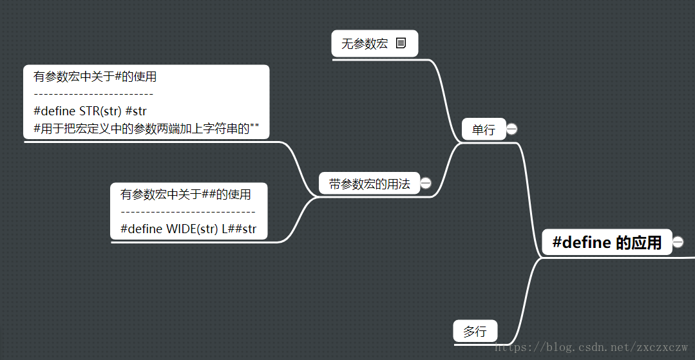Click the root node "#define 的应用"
607,242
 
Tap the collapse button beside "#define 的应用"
678,242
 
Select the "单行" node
483,129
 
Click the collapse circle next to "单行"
512,129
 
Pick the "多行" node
475,332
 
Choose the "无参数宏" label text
365,44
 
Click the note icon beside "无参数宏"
401,43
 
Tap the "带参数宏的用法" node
369,184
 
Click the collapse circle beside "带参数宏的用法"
426,183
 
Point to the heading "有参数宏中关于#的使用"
95,77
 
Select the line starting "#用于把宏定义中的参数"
146,128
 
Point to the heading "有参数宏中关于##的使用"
186,194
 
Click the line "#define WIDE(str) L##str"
188,228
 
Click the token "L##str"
239,228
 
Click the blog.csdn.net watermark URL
592,347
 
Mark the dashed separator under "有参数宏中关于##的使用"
187,211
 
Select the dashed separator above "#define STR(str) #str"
93,94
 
